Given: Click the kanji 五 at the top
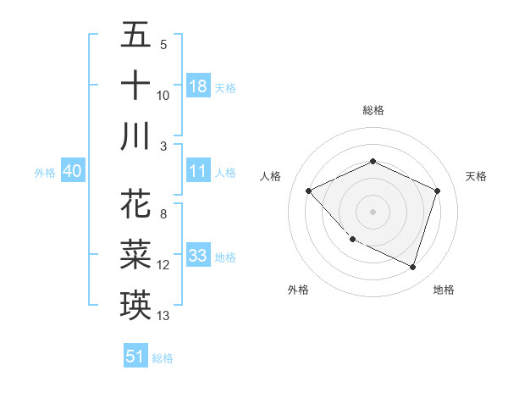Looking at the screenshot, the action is [x=136, y=36].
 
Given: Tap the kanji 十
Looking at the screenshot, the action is [x=136, y=86].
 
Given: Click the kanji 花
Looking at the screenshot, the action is [x=136, y=206].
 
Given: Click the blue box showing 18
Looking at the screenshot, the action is [x=198, y=86].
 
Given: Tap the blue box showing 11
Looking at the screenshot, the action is [x=198, y=171].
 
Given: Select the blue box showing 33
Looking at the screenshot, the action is [x=198, y=256].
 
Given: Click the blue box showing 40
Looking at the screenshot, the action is [x=72, y=171].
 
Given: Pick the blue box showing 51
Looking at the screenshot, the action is [x=135, y=357].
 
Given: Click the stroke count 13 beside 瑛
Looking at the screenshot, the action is [x=163, y=316].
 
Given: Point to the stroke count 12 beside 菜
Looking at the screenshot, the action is [x=163, y=265].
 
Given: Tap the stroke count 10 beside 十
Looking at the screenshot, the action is [x=163, y=96].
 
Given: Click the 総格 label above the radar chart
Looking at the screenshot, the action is [x=373, y=110].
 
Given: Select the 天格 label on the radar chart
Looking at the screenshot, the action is [x=476, y=176].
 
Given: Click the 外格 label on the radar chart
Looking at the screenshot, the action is [x=298, y=290].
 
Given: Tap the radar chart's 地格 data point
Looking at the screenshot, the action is [x=413, y=268].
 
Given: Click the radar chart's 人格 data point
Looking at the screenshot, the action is [x=309, y=191].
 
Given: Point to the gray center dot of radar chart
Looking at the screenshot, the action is [x=373, y=211].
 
